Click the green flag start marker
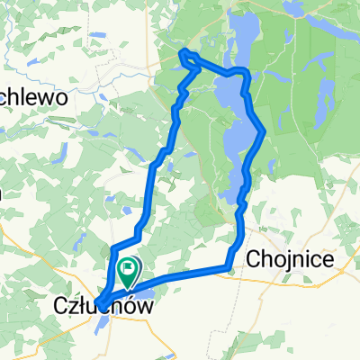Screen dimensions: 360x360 [x=128, y=267]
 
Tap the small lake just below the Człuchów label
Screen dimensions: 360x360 [x=117, y=328]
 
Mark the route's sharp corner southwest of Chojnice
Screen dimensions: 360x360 [x=230, y=265]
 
